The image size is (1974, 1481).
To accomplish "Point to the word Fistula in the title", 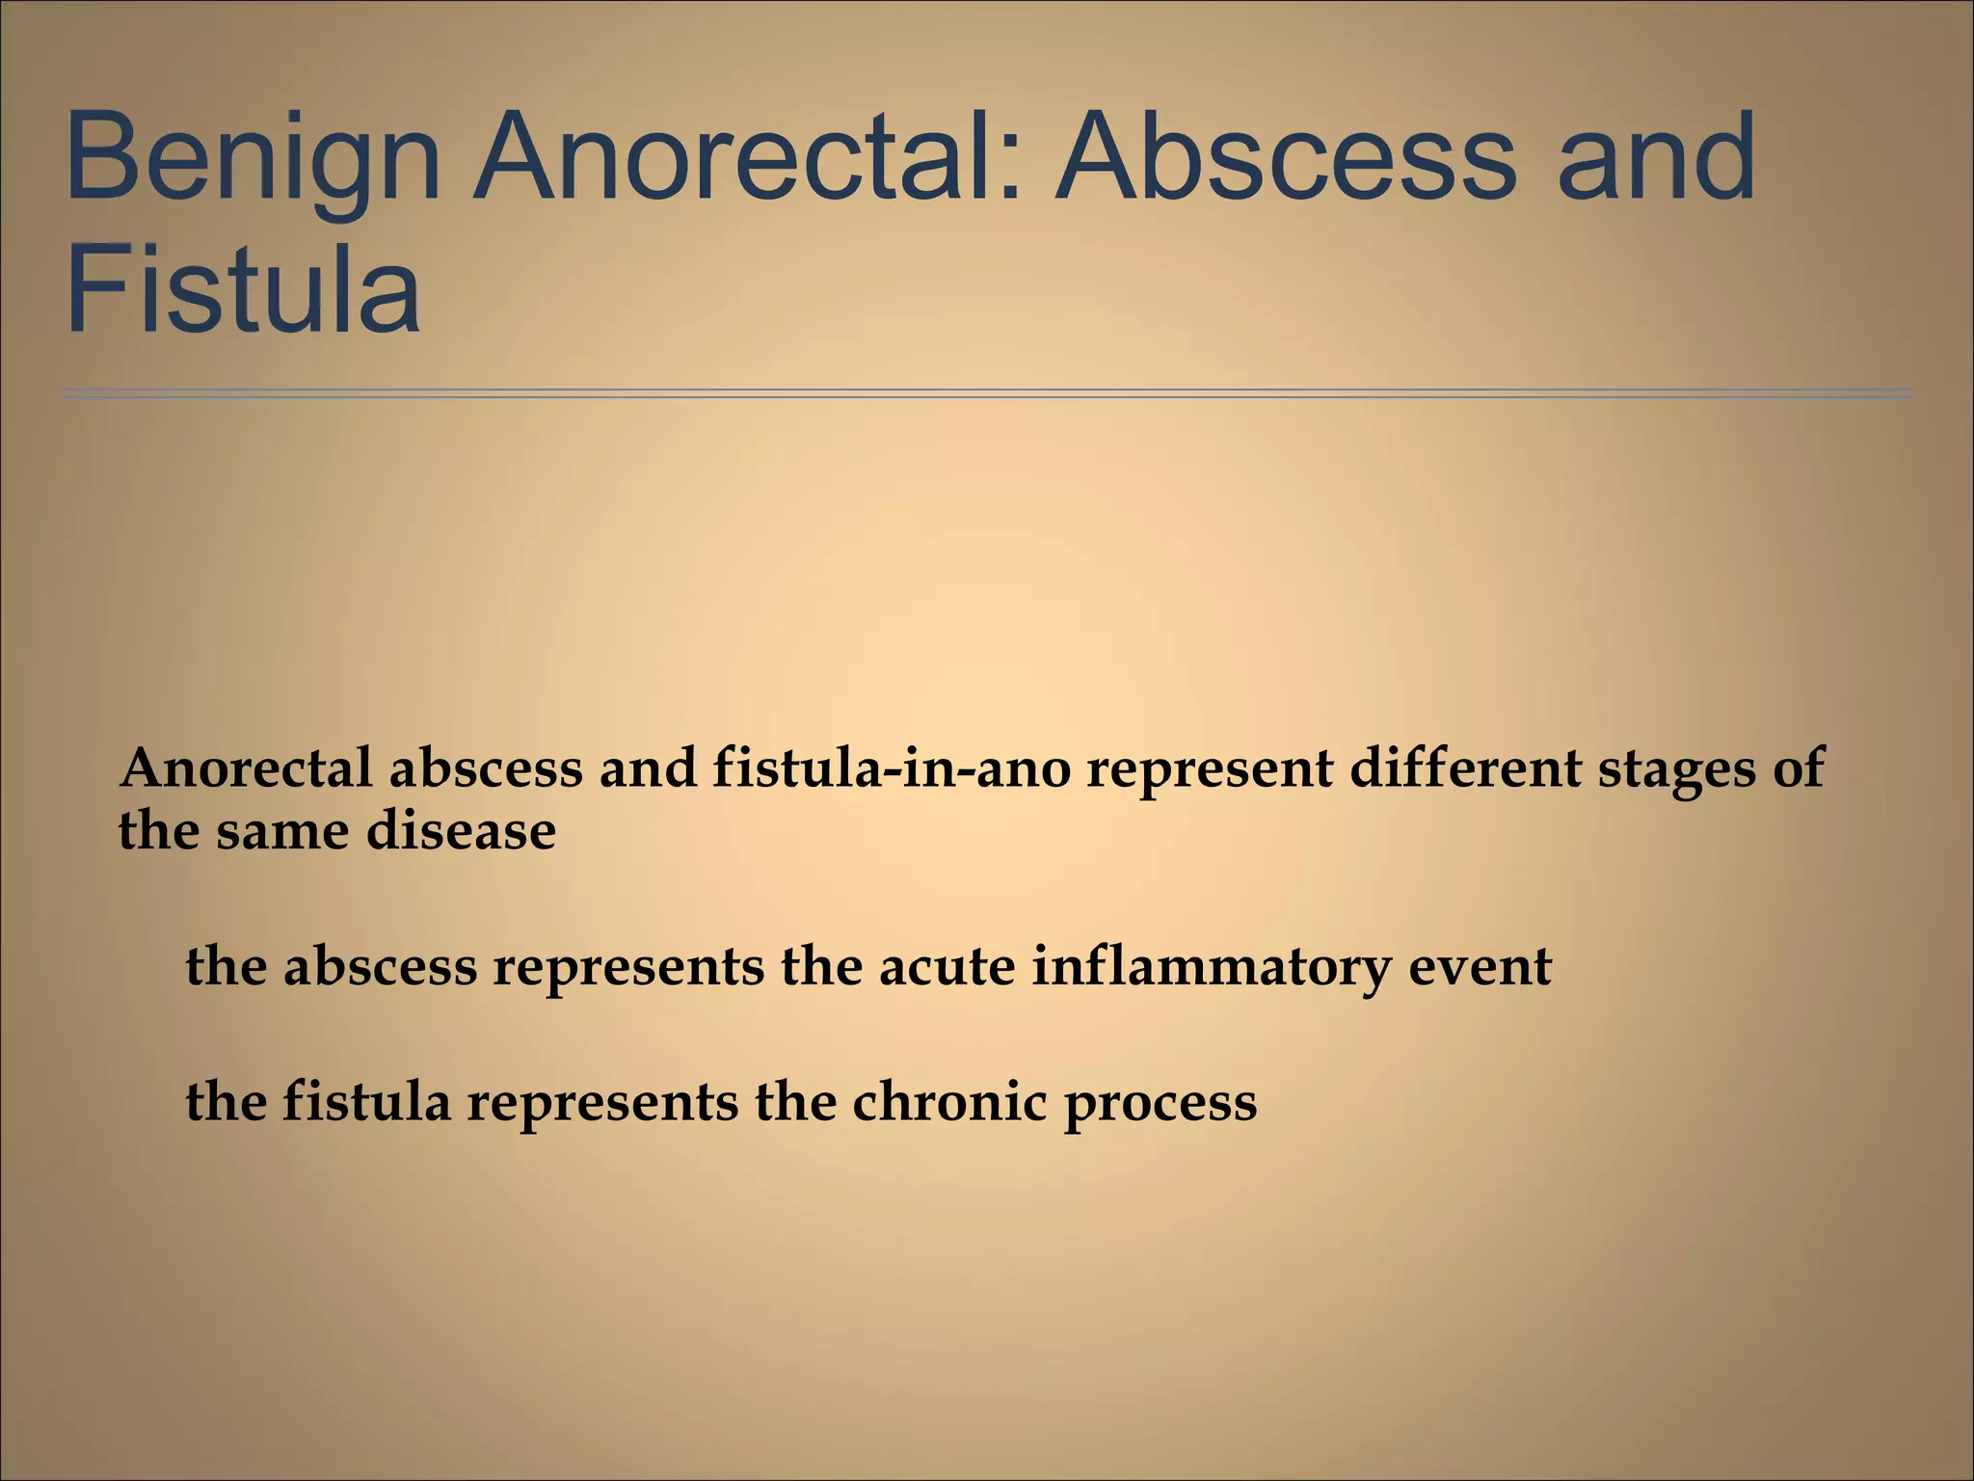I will pos(242,288).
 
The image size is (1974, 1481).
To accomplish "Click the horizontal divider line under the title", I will pos(987,393).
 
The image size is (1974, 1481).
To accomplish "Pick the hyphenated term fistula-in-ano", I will pos(892,769).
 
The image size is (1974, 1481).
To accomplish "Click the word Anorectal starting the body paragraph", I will pos(246,769).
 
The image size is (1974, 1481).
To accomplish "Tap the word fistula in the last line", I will pos(366,1102).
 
